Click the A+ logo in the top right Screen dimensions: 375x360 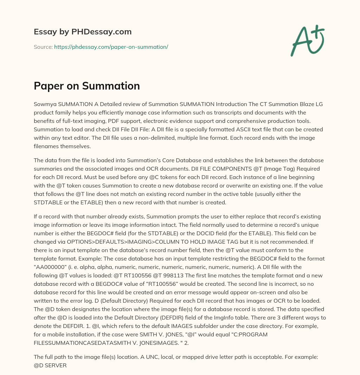click(x=307, y=41)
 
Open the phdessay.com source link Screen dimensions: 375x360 click(x=111, y=47)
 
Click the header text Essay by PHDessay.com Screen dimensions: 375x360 click(x=83, y=32)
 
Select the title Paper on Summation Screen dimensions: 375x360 click(x=87, y=86)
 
